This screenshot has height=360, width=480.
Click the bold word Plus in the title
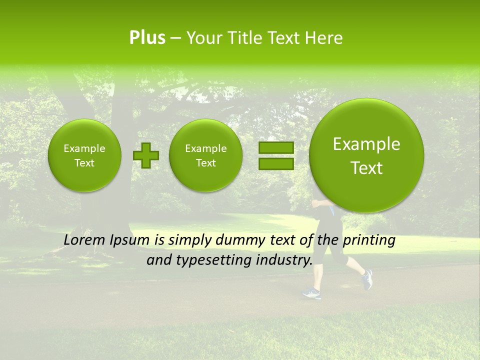(x=147, y=38)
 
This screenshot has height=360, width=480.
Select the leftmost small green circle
(x=84, y=155)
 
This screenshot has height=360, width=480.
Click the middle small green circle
(x=205, y=155)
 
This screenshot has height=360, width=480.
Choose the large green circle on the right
(x=366, y=155)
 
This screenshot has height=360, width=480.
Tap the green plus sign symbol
(x=146, y=155)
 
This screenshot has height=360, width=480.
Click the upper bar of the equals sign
(x=275, y=147)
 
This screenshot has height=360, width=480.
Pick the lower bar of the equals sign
(x=275, y=163)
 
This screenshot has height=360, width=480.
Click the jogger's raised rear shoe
(x=367, y=279)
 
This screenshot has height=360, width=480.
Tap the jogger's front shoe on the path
(x=311, y=293)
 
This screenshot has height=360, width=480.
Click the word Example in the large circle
(x=366, y=144)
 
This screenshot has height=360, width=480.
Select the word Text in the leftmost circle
(x=84, y=163)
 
